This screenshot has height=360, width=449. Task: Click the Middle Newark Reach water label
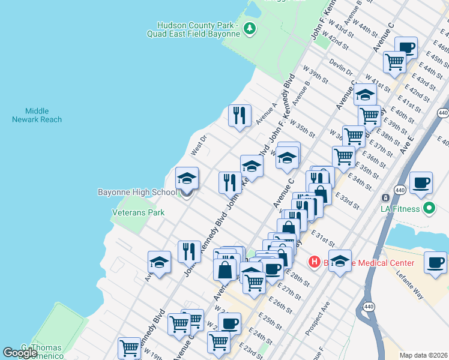tap(37, 115)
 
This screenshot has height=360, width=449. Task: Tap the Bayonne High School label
tap(137, 192)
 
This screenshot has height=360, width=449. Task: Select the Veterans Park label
tap(138, 212)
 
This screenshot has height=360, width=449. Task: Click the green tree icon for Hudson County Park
tap(251, 28)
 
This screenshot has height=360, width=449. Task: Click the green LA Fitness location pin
tap(429, 209)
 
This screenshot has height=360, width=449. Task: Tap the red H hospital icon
tap(313, 262)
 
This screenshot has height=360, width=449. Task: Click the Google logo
tap(20, 353)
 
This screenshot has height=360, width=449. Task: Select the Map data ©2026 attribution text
tap(424, 355)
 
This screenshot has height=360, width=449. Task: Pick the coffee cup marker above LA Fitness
tap(420, 182)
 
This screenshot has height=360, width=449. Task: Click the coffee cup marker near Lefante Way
tap(435, 262)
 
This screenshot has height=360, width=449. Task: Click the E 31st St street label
tap(322, 236)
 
